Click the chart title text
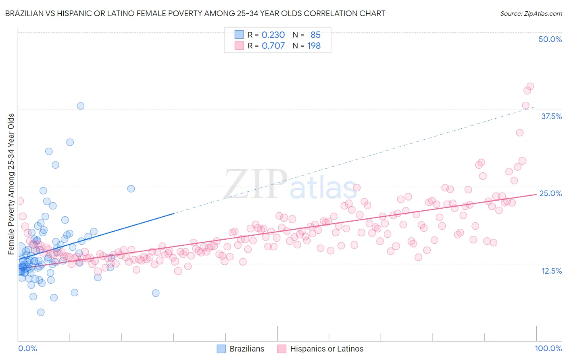[195, 13]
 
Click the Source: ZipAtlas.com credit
[531, 13]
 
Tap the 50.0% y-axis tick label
[550, 39]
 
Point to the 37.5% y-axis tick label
[551, 116]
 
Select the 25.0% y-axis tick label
[550, 193]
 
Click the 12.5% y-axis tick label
[551, 271]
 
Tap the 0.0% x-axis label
[27, 349]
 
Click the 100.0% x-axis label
[548, 349]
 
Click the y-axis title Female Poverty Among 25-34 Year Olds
[11, 184]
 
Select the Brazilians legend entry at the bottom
[241, 349]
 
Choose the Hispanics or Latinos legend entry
[321, 349]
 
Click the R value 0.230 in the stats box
[273, 35]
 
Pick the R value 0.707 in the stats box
[273, 46]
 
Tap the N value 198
[314, 46]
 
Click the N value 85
[315, 35]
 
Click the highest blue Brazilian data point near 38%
[81, 106]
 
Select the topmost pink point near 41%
[530, 86]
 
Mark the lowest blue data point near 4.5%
[41, 312]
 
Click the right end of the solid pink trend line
[536, 194]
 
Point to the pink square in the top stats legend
[239, 46]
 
